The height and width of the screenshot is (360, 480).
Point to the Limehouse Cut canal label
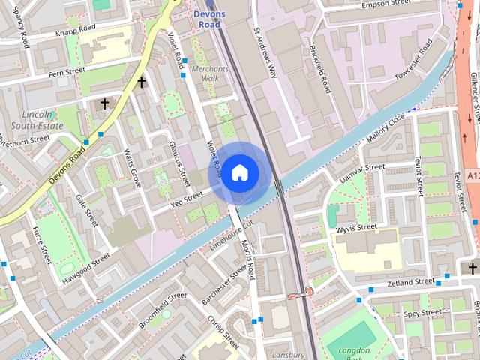pyautogui.click(x=233, y=232)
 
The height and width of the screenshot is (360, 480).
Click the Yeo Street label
pyautogui.click(x=187, y=199)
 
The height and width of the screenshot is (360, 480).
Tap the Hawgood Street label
pyautogui.click(x=86, y=265)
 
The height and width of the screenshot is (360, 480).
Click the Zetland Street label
pyautogui.click(x=410, y=282)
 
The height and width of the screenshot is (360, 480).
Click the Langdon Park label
pyautogui.click(x=352, y=349)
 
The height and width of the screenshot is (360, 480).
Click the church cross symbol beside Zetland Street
pyautogui.click(x=472, y=268)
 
